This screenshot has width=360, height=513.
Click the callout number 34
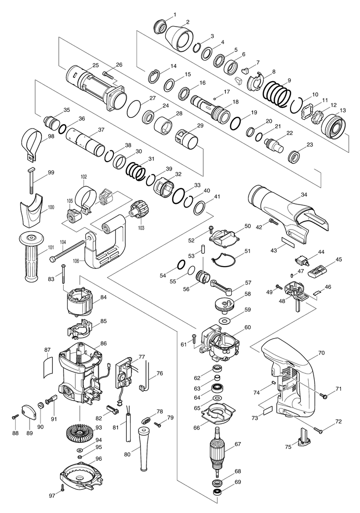(x=304, y=195)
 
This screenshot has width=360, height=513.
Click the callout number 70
(x=321, y=353)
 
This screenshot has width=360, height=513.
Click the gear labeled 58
(x=225, y=304)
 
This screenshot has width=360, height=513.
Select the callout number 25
(x=95, y=66)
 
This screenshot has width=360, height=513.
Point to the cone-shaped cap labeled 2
(x=179, y=36)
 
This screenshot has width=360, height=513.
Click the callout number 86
(x=104, y=343)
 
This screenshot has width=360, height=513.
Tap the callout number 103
(x=141, y=228)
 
